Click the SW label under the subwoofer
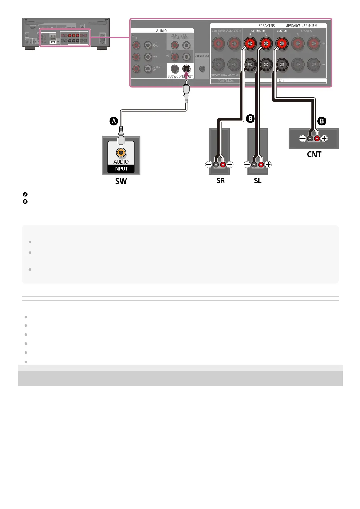[x=121, y=181]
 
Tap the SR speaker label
[x=220, y=181]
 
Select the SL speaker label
[x=258, y=181]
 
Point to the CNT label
[x=314, y=154]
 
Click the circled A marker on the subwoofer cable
[x=113, y=121]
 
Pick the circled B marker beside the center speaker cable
[x=322, y=121]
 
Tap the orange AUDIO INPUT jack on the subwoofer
[x=121, y=153]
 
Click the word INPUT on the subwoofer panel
[x=121, y=169]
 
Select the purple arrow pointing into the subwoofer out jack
[x=187, y=75]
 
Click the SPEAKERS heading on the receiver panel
[x=267, y=26]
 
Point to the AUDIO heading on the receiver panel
[x=161, y=31]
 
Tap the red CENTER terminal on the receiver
[x=282, y=44]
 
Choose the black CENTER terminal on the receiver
[x=282, y=64]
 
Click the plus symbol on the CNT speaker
[x=324, y=138]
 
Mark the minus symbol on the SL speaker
[x=247, y=165]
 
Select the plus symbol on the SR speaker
[x=230, y=165]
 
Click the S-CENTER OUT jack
[x=202, y=69]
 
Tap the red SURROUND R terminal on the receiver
[x=250, y=44]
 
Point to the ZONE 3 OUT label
[x=180, y=35]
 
